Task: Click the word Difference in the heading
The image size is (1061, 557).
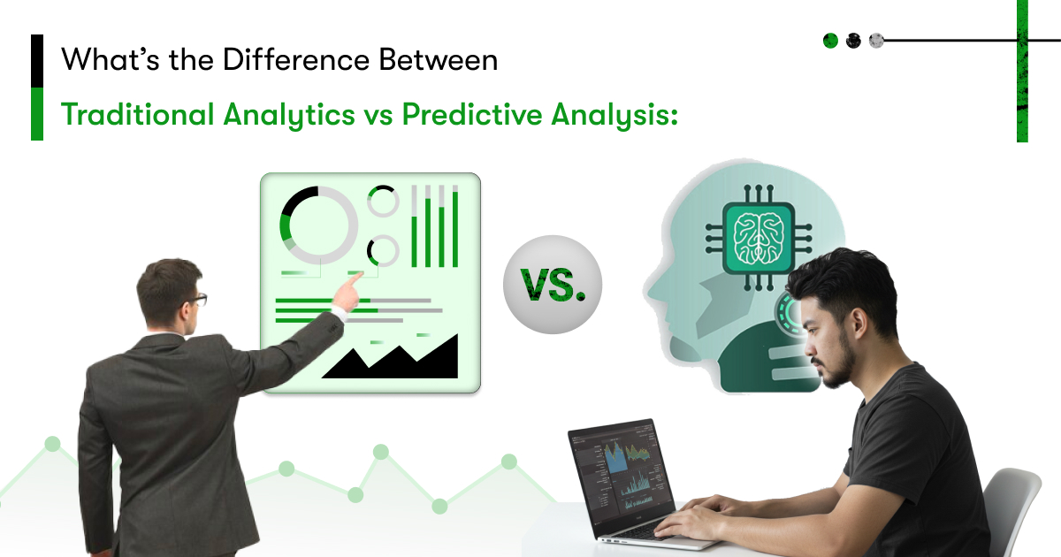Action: (x=296, y=60)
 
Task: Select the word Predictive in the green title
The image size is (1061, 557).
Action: (x=472, y=114)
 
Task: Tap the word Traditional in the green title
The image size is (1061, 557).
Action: (x=137, y=114)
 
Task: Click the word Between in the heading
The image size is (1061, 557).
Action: (x=439, y=60)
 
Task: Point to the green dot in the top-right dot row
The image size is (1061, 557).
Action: (x=830, y=41)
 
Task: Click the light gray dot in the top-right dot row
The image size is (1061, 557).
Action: (x=876, y=41)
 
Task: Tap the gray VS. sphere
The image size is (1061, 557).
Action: (x=553, y=285)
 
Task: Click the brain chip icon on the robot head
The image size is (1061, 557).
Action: (x=759, y=238)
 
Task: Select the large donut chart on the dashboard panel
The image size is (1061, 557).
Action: (x=318, y=225)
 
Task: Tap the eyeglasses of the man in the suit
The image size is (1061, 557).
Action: (x=198, y=300)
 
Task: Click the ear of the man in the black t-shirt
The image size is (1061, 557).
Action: (x=859, y=321)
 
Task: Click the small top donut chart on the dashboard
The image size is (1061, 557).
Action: (x=383, y=201)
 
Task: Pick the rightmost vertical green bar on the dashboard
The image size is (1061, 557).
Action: (x=455, y=226)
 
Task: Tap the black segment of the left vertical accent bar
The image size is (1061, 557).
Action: (x=37, y=61)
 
